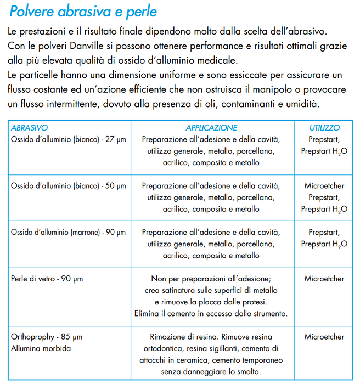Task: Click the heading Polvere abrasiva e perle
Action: click(x=83, y=10)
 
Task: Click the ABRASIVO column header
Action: click(x=30, y=127)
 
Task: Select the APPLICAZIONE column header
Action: click(x=211, y=127)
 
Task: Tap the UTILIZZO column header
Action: click(x=324, y=127)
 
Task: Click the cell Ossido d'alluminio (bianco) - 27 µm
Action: click(x=69, y=139)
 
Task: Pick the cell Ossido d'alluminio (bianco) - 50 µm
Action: click(x=69, y=186)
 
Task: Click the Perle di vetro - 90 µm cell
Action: click(x=47, y=279)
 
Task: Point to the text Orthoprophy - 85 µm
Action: click(x=47, y=337)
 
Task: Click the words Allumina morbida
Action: click(x=41, y=348)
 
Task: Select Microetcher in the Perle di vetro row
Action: click(x=324, y=279)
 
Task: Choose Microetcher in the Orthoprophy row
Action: click(x=324, y=337)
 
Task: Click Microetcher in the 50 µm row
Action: click(x=324, y=186)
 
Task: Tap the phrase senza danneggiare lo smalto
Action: click(x=211, y=372)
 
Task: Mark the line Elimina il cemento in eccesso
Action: click(x=211, y=314)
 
